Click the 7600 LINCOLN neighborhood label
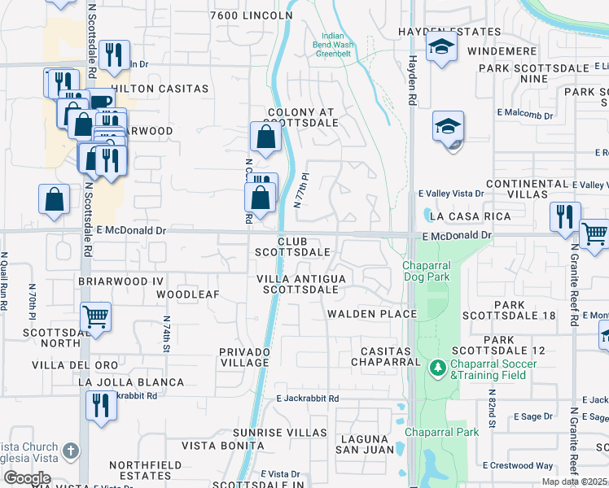coord(251,15)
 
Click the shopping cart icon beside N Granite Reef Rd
coord(594,233)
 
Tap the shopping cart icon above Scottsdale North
coord(96,315)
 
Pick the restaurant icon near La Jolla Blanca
coord(101,404)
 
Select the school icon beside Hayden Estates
coord(441,47)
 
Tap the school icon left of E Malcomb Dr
coord(448,127)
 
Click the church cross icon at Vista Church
coord(71,450)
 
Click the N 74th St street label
coord(166,333)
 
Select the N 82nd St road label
coord(492,412)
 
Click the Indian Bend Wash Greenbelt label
coord(338,47)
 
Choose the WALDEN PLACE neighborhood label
coord(372,314)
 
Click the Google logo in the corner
coord(27,477)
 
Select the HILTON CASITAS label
coord(160,88)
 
